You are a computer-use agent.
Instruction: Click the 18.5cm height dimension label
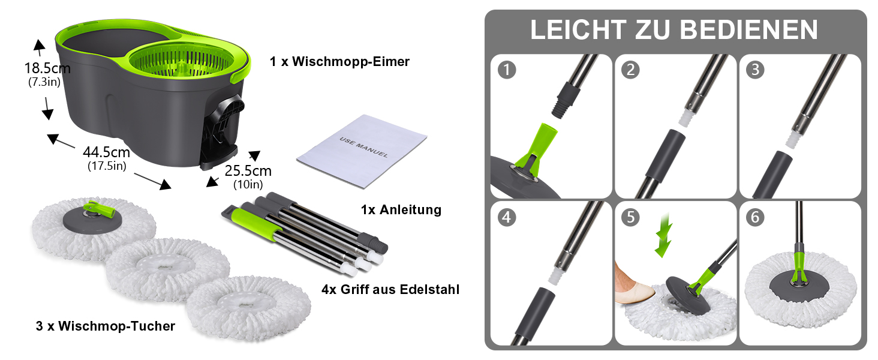[x=47, y=68]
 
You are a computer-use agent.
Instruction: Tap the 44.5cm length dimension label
[x=106, y=152]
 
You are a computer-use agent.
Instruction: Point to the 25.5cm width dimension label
[x=248, y=170]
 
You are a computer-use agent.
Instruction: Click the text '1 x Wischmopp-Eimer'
[x=339, y=62]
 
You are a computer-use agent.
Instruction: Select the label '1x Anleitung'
[x=401, y=210]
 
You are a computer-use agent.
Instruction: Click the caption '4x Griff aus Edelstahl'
[x=390, y=289]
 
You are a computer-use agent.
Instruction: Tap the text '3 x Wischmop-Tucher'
[x=106, y=326]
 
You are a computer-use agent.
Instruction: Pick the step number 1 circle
[x=507, y=70]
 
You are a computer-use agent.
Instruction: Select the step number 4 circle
[x=507, y=217]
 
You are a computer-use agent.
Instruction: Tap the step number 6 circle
[x=755, y=217]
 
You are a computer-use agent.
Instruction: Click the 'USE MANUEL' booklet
[x=362, y=151]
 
